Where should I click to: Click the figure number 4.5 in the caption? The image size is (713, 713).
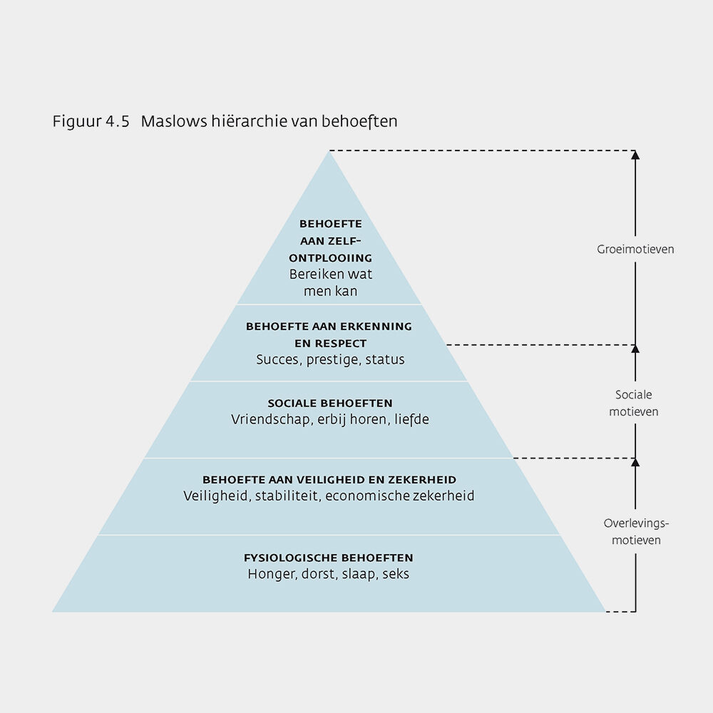tap(114, 121)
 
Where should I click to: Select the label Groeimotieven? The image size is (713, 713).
tap(635, 250)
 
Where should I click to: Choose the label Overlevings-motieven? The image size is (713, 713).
tap(636, 531)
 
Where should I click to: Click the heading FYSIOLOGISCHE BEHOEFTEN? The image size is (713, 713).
tap(328, 558)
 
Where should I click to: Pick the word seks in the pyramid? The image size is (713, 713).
tap(395, 573)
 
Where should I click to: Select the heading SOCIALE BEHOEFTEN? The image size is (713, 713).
tap(329, 404)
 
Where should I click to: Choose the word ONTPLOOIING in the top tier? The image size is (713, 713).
tap(331, 258)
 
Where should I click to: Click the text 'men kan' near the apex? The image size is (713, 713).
tap(330, 290)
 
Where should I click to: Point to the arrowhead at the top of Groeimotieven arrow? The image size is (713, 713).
tap(635, 155)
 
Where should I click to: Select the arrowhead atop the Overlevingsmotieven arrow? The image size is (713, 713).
tap(635, 463)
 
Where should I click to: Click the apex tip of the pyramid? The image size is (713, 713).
tap(329, 152)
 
